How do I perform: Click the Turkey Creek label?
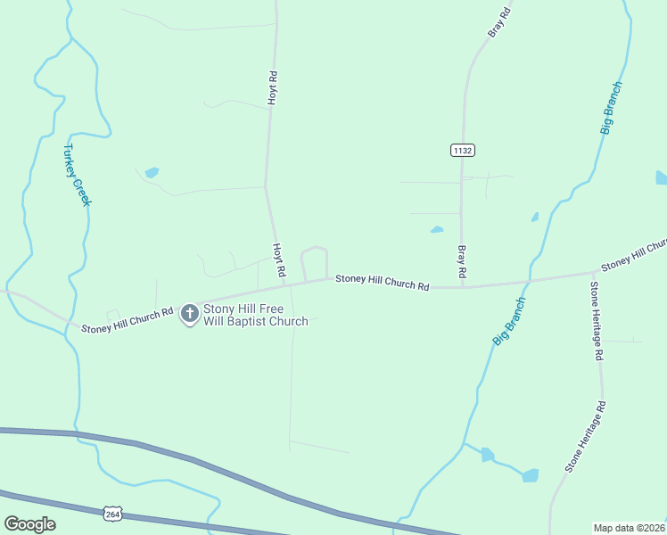click(x=78, y=175)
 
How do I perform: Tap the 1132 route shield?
click(x=462, y=151)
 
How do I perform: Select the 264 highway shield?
click(x=112, y=514)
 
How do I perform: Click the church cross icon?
click(x=189, y=314)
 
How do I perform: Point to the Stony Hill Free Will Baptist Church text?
click(x=255, y=315)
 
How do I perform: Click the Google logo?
click(x=29, y=524)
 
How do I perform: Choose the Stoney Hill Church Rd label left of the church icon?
click(x=127, y=321)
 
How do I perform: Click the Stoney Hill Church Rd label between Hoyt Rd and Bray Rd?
click(x=383, y=283)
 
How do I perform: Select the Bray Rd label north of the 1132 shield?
click(x=499, y=22)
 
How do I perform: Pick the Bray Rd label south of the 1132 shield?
click(x=462, y=259)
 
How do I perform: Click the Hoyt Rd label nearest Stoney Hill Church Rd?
click(x=279, y=259)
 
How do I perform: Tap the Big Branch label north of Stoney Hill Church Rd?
click(x=611, y=108)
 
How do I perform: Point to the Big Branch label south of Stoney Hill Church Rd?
click(x=509, y=321)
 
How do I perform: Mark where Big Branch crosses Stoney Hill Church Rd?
click(x=529, y=282)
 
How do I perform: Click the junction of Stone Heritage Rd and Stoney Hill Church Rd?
click(x=594, y=273)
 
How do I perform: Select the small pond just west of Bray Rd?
click(x=437, y=230)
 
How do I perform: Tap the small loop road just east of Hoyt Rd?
click(x=315, y=261)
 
